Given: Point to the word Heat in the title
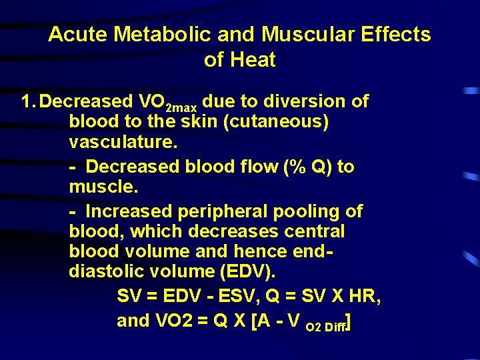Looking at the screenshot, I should click(251, 60).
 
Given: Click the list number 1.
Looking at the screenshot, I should click(27, 101).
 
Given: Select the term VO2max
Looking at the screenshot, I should click(167, 103).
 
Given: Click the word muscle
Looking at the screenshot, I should click(101, 188).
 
